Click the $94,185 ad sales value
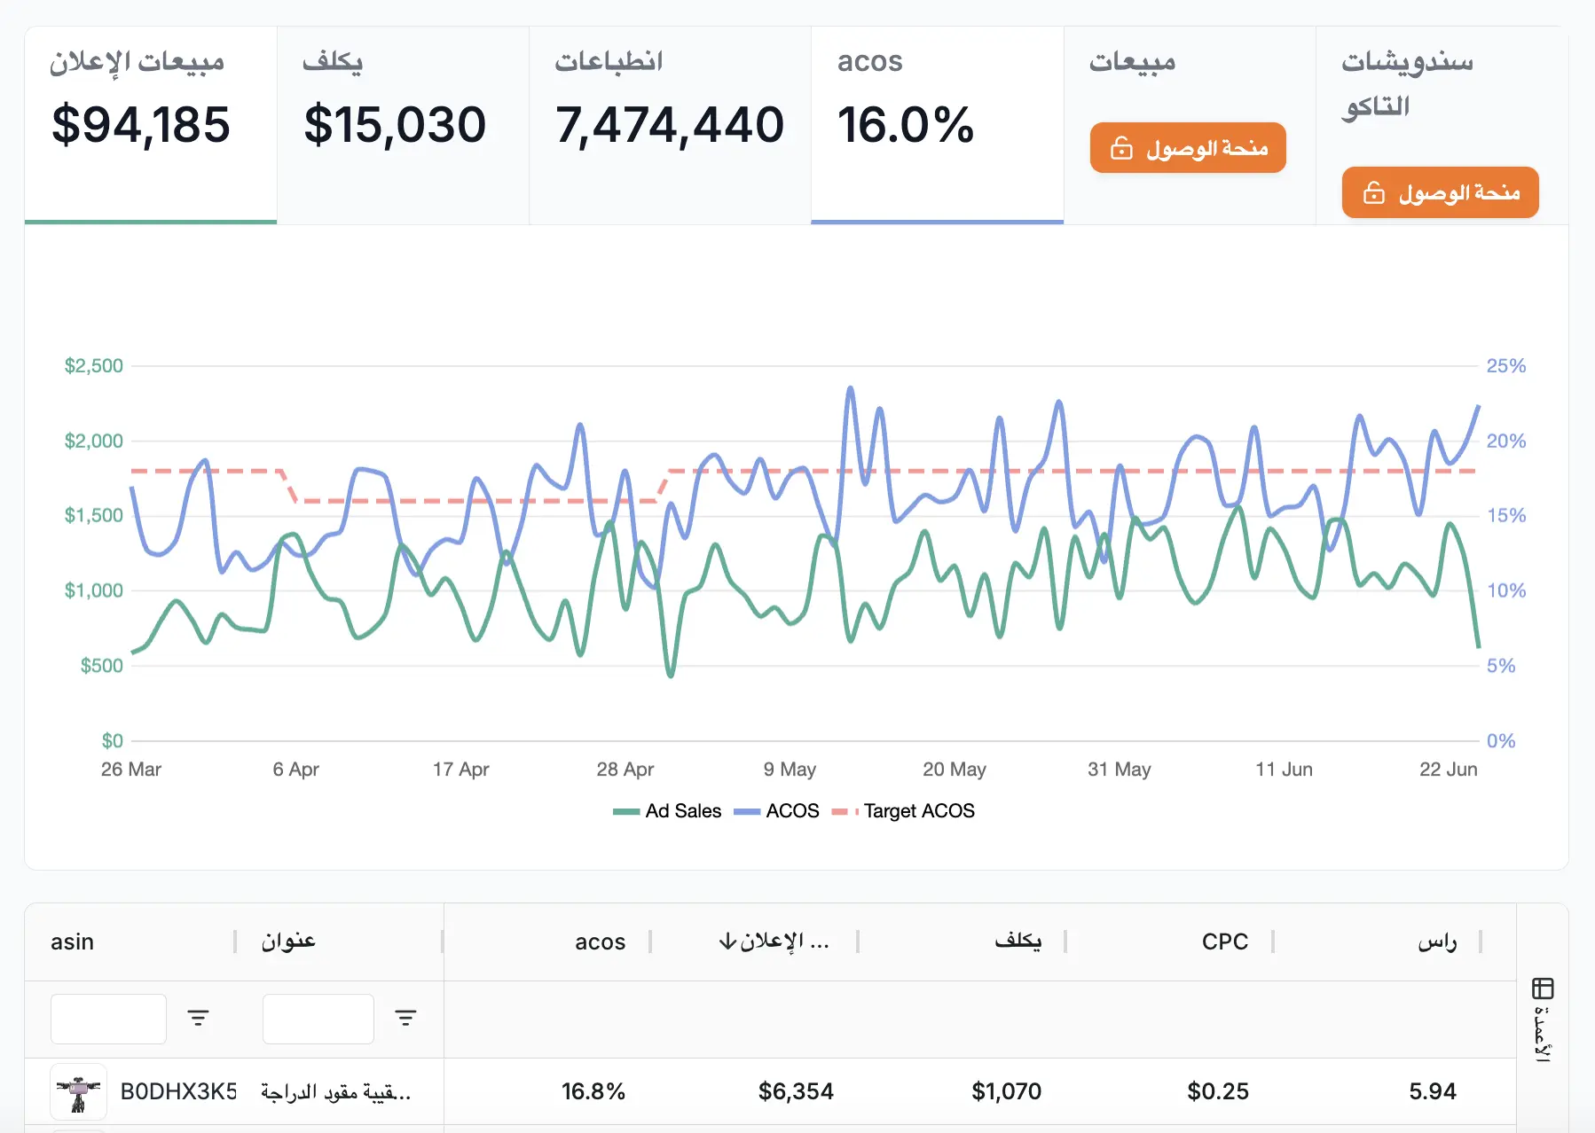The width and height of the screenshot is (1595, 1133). coord(141,125)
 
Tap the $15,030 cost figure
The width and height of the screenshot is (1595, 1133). coord(395,125)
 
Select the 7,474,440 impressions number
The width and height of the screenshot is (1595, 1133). coord(670,125)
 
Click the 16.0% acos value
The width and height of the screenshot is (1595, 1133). coord(906,125)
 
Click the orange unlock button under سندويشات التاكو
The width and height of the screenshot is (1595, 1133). coord(1440,192)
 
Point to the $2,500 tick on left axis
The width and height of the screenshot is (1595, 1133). coord(93,366)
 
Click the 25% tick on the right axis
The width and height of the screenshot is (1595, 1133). coord(1505,366)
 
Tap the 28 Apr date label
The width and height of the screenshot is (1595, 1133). coord(625,770)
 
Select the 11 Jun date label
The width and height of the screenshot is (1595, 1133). coord(1284,770)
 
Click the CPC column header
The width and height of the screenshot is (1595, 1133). coord(1224,942)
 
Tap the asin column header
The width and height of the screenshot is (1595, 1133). coord(72,942)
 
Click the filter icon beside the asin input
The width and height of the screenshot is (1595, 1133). coord(198,1018)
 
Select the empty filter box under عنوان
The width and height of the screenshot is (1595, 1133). coord(318,1019)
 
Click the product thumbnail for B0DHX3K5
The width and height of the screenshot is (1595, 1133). coord(78,1091)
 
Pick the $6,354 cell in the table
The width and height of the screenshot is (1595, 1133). coord(796,1091)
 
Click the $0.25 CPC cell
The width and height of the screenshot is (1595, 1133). coord(1217,1091)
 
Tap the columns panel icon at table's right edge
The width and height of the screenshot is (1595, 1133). coord(1543,988)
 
